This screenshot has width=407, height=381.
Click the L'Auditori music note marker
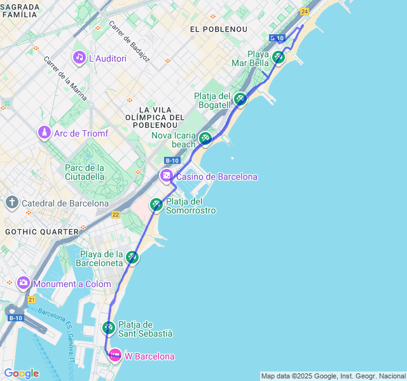pos(79,58)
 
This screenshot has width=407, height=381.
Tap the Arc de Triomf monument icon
pos(44,133)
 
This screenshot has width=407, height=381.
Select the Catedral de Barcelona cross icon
pos(12,203)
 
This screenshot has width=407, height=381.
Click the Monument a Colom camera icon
pos(24,283)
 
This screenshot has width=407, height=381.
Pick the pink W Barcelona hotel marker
pos(115,356)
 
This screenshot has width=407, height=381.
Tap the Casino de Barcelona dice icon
pos(167,176)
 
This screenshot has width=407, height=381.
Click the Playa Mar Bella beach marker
pos(279,58)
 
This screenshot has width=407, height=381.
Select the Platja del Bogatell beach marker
pos(240,99)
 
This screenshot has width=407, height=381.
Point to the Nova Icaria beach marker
pos(205,138)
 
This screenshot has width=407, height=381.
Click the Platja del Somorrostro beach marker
pos(156,205)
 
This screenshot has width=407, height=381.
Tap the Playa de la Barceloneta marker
pos(132,257)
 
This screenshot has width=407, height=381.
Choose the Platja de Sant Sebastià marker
pos(109,328)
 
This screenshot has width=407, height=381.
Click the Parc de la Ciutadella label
pos(84,172)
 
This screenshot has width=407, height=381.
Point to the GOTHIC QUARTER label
pos(41,232)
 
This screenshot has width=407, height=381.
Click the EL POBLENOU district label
pos(214,29)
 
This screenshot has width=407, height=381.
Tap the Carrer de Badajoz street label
pos(129,42)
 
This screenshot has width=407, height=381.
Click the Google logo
pos(21,373)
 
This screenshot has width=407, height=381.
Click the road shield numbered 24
pos(305,11)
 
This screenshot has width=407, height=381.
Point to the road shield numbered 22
pos(116,215)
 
